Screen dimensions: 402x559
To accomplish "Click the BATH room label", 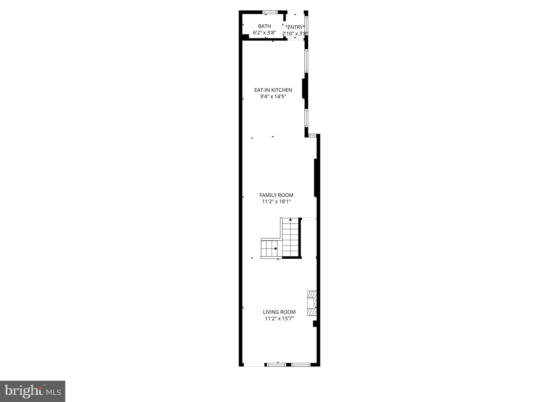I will click(264, 26).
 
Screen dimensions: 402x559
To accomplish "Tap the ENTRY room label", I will click(295, 27).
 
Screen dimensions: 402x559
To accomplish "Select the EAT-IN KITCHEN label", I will click(273, 90).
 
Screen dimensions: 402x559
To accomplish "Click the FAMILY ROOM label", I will click(276, 195).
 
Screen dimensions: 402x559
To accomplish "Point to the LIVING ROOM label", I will click(279, 312).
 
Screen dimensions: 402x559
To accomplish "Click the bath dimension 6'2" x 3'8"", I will click(264, 33).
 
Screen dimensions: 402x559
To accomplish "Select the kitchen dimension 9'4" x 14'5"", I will click(273, 96).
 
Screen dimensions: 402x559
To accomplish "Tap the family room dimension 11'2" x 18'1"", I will click(276, 202).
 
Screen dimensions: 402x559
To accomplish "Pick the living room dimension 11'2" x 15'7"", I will click(279, 318).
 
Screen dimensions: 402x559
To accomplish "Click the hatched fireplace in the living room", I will click(312, 303).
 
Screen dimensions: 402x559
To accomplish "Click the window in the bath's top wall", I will click(270, 12).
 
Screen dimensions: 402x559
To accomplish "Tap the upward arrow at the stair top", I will click(291, 219).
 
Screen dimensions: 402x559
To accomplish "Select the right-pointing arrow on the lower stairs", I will click(276, 248).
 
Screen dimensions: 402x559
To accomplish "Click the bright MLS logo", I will click(32, 391).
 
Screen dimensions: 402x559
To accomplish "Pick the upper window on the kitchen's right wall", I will click(306, 61).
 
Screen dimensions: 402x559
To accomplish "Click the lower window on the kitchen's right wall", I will click(306, 118).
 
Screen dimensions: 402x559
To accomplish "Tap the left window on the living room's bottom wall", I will click(276, 364).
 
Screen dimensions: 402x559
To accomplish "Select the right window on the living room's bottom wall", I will click(301, 364).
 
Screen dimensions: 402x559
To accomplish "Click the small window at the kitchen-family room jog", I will click(312, 136).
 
